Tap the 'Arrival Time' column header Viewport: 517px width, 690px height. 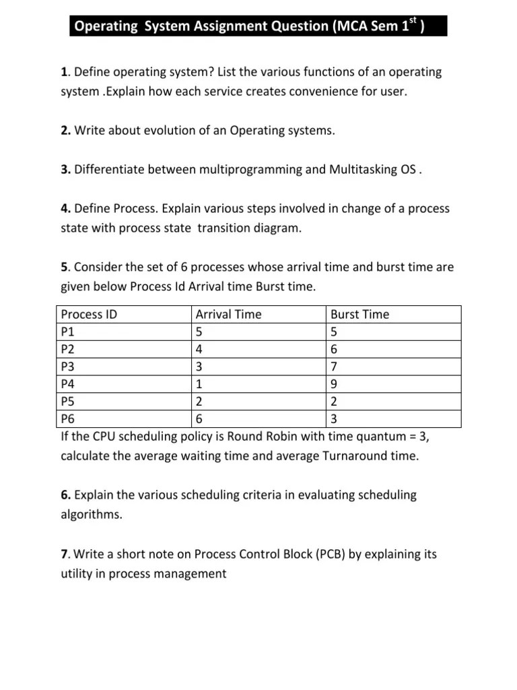[228, 314]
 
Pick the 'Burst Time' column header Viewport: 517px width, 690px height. [359, 314]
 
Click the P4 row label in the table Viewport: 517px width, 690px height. [68, 384]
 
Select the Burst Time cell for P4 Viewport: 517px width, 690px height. [335, 384]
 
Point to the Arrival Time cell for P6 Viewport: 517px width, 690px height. [199, 419]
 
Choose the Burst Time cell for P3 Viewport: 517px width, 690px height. [335, 367]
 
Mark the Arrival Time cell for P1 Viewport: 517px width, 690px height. [199, 332]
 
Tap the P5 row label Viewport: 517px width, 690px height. [68, 402]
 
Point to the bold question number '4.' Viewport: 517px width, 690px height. [66, 208]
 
